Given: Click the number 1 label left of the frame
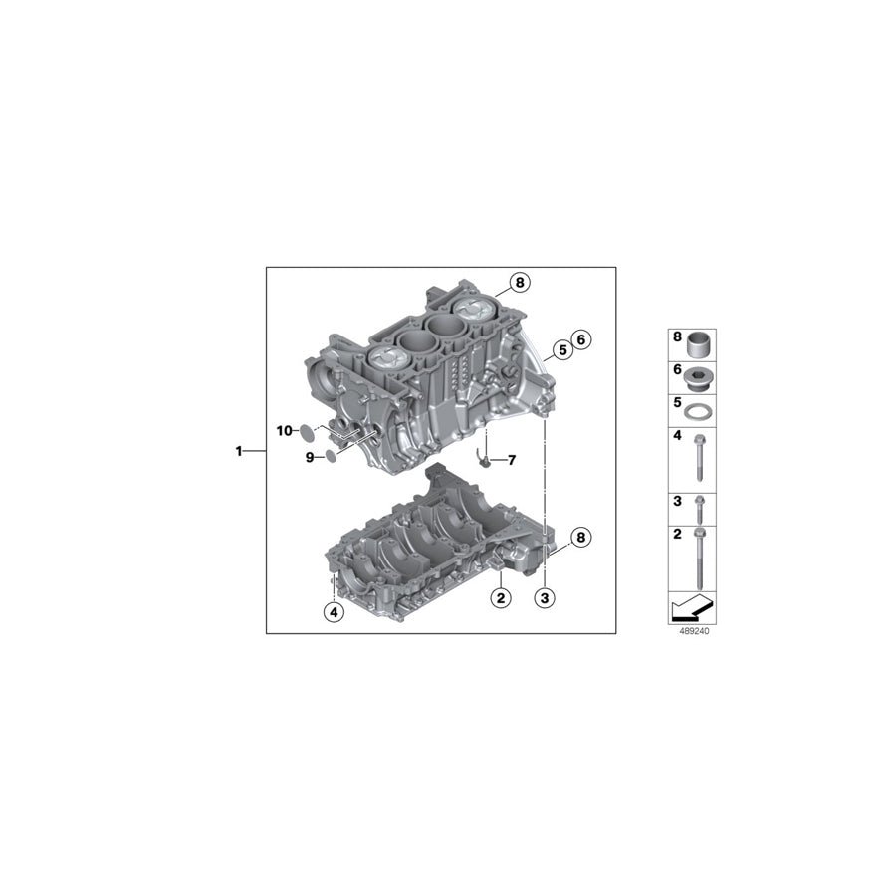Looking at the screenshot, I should pos(239,451).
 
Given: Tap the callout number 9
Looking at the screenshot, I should pos(310,457).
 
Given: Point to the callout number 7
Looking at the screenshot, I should pos(512,460).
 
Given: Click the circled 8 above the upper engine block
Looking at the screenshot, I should pos(519,283).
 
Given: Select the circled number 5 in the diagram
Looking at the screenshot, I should pos(561,349).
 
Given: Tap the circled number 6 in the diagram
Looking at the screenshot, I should pos(582,339).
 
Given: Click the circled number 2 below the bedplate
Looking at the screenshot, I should pos(500,597).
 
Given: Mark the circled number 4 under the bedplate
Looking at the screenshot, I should pos(334,612).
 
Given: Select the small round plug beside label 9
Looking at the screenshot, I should pos(330,456).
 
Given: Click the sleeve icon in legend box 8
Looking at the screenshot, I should pos(700,344).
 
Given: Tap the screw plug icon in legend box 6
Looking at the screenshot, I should pos(700,377).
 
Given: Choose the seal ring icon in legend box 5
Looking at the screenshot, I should pos(700,411).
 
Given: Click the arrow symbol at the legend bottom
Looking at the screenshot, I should pos(692,607).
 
